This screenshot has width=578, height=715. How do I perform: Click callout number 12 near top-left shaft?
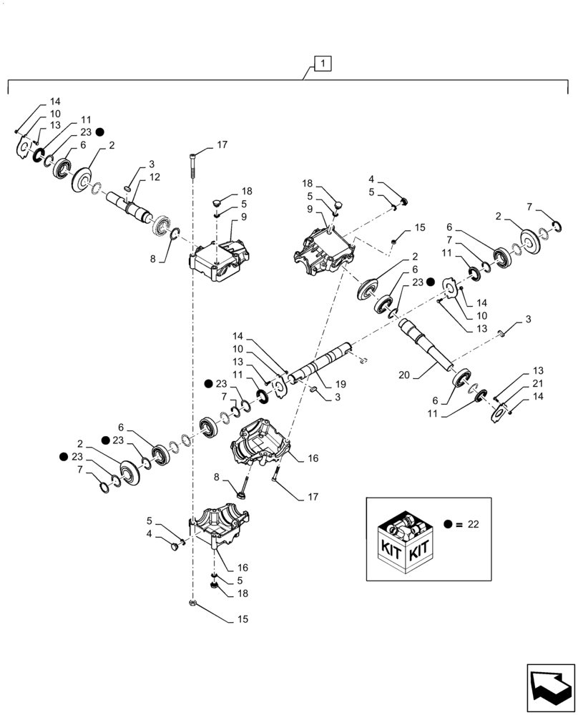click(x=155, y=177)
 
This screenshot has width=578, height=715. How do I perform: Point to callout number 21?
click(x=537, y=385)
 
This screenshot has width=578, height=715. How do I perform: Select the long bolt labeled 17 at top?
click(x=193, y=167)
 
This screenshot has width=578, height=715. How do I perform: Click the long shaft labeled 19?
click(x=322, y=361)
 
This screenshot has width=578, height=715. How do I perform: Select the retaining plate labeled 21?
click(x=502, y=413)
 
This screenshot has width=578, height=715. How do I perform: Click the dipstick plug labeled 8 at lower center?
click(x=245, y=492)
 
